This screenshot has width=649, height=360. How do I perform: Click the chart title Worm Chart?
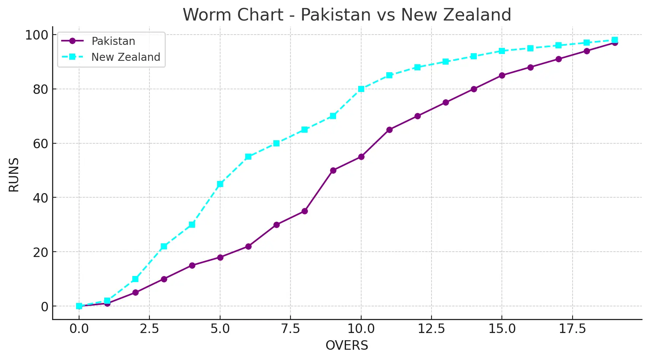(346, 15)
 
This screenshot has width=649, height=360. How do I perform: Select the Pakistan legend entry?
(113, 41)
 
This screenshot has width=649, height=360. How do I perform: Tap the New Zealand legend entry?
(125, 57)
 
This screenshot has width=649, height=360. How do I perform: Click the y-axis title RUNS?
(14, 175)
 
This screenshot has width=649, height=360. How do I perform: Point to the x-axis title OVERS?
(347, 345)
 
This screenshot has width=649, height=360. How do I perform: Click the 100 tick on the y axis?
(37, 35)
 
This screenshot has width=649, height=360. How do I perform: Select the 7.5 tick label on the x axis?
(290, 328)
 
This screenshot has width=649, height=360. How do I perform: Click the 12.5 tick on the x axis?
(431, 328)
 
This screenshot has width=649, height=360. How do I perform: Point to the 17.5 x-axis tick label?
(572, 328)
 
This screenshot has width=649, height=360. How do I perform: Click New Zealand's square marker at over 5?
(220, 184)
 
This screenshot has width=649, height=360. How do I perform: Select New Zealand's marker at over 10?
(361, 89)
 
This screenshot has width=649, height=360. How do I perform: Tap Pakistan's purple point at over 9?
(333, 170)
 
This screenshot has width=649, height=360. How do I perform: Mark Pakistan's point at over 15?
(502, 75)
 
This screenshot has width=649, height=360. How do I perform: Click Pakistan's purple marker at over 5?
(220, 257)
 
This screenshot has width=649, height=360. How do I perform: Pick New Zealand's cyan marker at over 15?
(502, 51)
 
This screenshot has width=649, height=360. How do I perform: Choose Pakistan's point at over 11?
(389, 130)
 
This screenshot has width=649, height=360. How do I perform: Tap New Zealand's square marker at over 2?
(135, 279)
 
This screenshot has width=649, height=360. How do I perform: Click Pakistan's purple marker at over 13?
(446, 103)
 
